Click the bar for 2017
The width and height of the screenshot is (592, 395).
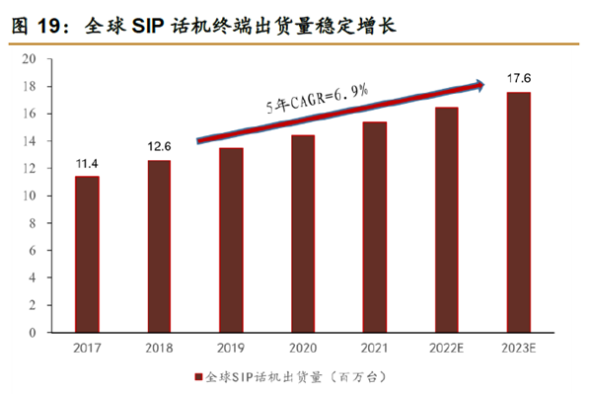[x=87, y=254]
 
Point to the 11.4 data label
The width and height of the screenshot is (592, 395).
[x=87, y=162]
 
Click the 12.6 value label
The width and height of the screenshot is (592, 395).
[x=159, y=146]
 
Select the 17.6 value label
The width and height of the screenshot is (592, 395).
[x=518, y=77]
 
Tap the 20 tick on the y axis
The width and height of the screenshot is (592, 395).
[x=30, y=59]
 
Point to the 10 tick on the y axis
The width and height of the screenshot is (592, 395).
[x=30, y=196]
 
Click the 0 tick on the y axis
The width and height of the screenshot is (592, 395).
[x=33, y=332]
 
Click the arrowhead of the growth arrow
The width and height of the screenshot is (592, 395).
[x=480, y=86]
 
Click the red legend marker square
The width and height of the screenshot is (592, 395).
[x=197, y=377]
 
